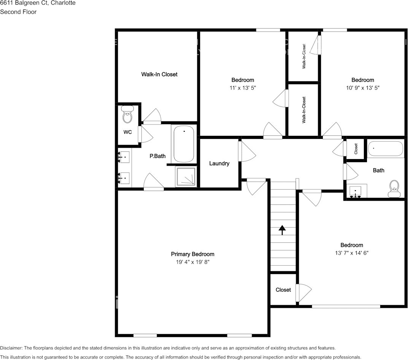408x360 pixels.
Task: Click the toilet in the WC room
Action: click(128, 115)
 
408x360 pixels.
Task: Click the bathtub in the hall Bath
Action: click(386, 149)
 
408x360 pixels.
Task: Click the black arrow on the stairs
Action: click(282, 230)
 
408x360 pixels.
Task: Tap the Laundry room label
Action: click(219, 164)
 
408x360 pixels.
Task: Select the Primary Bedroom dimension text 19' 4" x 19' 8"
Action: click(192, 262)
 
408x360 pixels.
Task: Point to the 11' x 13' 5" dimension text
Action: click(243, 88)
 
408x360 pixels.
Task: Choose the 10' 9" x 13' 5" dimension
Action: click(362, 88)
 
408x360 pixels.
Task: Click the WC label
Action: click(128, 132)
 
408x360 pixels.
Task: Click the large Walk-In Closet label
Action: click(159, 75)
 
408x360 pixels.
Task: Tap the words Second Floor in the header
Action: click(18, 12)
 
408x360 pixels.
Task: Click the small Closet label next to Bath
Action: click(356, 148)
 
